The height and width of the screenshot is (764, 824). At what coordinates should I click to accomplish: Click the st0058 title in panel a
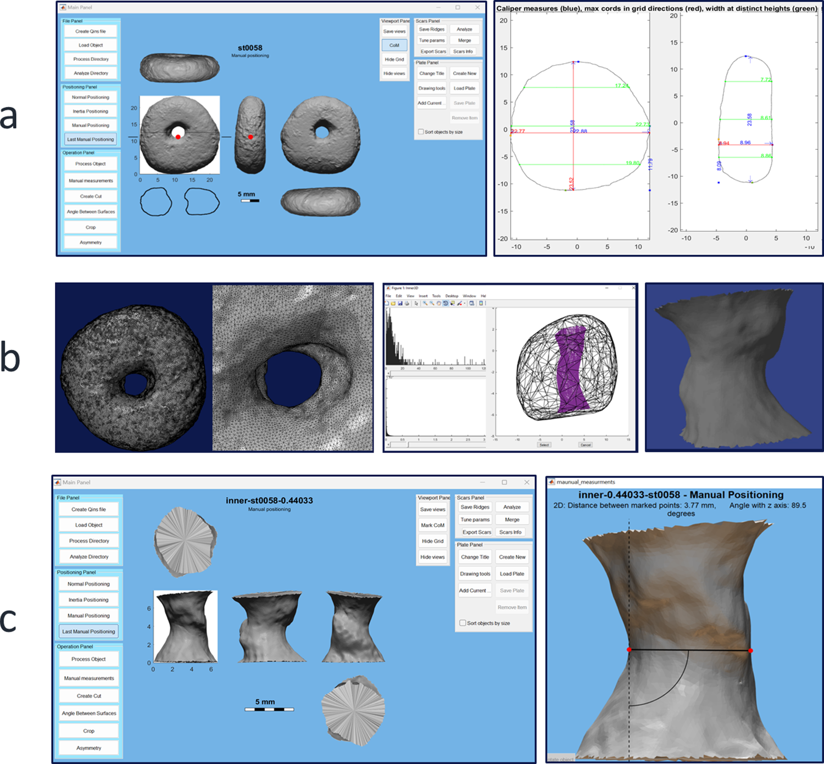250,48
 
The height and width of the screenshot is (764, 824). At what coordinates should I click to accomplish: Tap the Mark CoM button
432,525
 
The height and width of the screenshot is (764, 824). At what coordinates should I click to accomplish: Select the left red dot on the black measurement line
630,650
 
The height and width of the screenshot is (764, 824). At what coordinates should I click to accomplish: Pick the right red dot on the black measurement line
750,650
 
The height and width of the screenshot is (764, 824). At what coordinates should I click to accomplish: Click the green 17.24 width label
622,86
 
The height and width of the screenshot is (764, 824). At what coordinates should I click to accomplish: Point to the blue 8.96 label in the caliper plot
745,143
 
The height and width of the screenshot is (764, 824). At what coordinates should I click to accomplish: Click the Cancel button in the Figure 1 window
586,445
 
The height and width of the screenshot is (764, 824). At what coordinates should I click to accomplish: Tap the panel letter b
10,357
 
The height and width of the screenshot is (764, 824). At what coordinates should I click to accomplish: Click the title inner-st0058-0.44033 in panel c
269,500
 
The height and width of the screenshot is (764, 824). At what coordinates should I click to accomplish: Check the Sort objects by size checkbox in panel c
463,623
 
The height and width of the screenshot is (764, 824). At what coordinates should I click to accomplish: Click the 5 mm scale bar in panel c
269,709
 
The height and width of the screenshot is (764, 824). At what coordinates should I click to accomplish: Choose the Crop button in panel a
91,227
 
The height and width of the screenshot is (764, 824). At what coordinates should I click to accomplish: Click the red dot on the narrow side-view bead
250,137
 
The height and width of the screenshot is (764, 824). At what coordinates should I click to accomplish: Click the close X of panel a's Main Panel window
477,7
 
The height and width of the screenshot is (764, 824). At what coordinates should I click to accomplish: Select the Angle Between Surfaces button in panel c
89,713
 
